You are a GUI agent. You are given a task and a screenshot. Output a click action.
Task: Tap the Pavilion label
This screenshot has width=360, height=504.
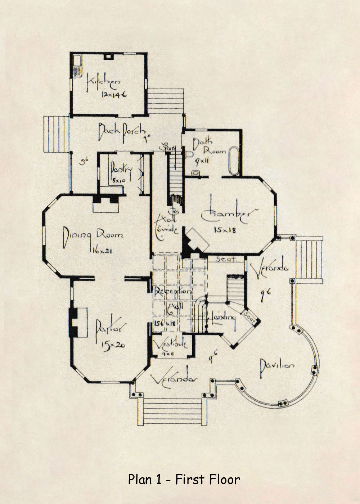tap(277, 365)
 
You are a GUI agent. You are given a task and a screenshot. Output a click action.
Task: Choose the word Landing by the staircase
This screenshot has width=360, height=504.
tap(224, 318)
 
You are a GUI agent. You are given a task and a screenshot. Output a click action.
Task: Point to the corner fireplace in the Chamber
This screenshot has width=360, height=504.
tap(197, 240)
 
